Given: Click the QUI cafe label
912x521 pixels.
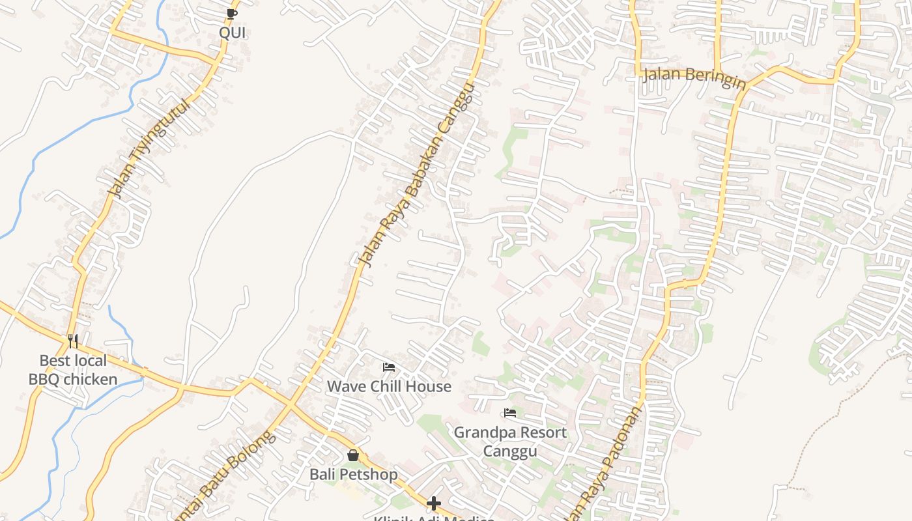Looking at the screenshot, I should [233, 33].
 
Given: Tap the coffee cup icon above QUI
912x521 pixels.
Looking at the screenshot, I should [231, 14].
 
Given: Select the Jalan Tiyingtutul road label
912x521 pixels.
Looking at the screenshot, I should [149, 148].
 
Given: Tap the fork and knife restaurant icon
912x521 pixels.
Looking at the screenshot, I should [73, 341].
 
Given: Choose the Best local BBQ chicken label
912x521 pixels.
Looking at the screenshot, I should [73, 370].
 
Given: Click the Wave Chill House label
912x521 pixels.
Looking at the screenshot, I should [389, 386].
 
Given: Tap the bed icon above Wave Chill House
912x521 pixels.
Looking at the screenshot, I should [389, 367].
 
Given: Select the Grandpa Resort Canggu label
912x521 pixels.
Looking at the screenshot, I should [510, 442].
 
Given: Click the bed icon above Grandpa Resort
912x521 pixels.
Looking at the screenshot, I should [510, 413].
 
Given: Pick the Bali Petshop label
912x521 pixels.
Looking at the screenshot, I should [353, 474].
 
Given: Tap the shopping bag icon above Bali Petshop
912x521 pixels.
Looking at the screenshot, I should [353, 455].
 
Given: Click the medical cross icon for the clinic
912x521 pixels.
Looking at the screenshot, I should [434, 503].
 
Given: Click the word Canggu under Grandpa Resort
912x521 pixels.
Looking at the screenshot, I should [510, 451].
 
